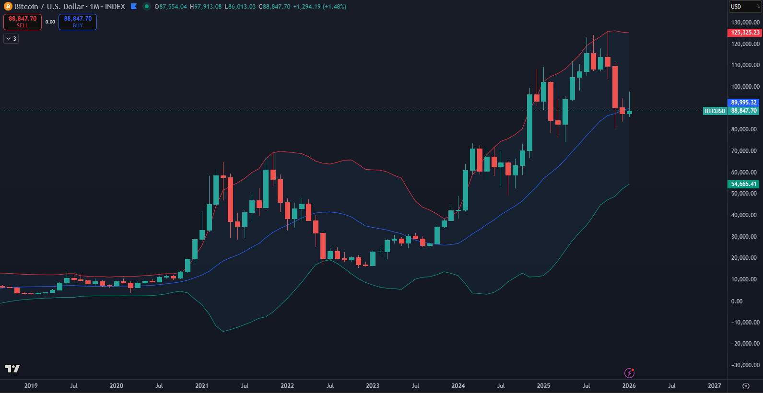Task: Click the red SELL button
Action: tap(23, 22)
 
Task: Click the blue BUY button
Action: tap(78, 22)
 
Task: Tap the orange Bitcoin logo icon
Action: tap(8, 7)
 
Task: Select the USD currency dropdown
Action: tap(745, 7)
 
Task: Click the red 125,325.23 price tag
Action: tap(745, 33)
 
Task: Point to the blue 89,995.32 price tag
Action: tap(744, 103)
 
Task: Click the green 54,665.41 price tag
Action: tap(744, 184)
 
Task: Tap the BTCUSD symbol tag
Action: tap(715, 111)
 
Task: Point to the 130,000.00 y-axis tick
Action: tap(745, 23)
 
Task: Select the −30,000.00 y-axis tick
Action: tap(745, 365)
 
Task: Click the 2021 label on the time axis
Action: tap(202, 386)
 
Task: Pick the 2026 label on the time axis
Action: tap(629, 386)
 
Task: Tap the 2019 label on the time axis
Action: tap(31, 386)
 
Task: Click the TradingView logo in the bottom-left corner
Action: tap(12, 369)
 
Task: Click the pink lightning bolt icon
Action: tap(629, 373)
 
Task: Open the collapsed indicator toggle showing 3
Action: tap(11, 39)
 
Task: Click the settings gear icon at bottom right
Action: tap(746, 386)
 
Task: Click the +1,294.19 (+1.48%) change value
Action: tap(319, 7)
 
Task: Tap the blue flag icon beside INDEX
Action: tap(134, 7)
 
